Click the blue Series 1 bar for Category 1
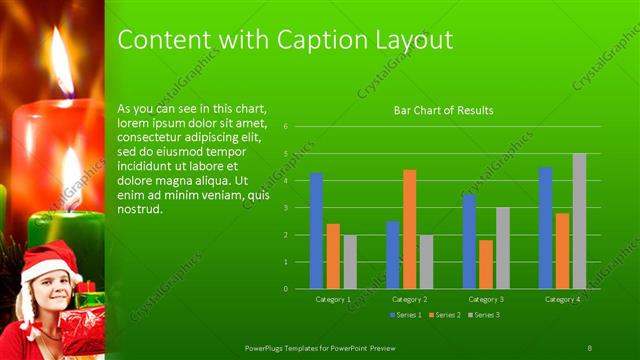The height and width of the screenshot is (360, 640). (x=316, y=231)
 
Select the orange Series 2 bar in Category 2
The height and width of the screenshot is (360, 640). (x=409, y=229)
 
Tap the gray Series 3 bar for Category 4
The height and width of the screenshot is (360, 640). (x=579, y=221)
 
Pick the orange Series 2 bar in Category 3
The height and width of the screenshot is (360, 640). (x=485, y=264)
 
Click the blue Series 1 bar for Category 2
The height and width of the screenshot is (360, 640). (x=392, y=255)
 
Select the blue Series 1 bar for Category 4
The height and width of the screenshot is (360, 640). (x=545, y=228)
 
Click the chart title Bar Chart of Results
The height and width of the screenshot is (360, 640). (x=443, y=110)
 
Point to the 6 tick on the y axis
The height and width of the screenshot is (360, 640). (x=286, y=127)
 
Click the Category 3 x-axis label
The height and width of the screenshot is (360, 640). (x=486, y=299)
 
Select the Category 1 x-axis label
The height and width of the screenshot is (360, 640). (x=333, y=299)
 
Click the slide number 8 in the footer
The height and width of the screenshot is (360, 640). (x=590, y=346)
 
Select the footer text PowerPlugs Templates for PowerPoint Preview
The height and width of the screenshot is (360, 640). (x=326, y=346)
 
